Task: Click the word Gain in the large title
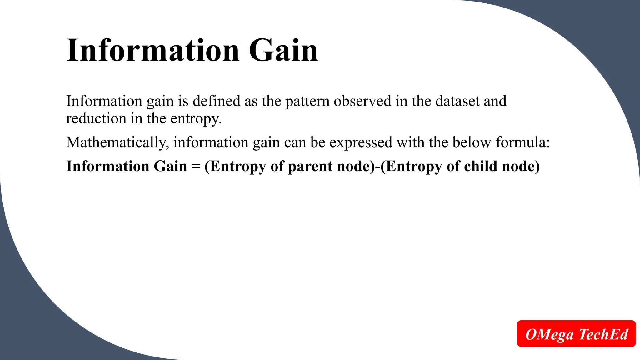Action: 283,50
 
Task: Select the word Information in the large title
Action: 153,50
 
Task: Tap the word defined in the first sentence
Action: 217,101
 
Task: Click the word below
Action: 472,142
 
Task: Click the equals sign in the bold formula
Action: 196,167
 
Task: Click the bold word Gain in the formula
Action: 170,166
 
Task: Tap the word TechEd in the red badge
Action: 603,334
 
